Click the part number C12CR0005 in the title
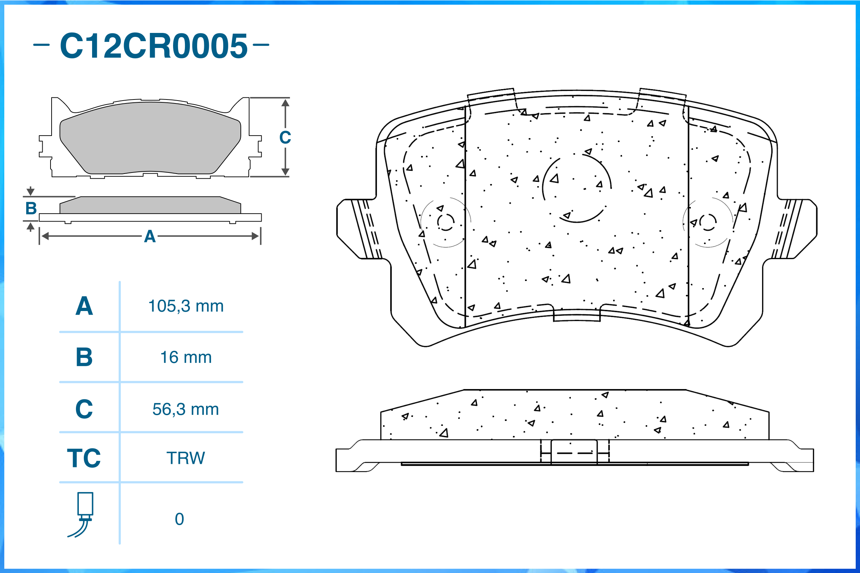(154, 46)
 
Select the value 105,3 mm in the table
(186, 306)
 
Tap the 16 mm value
(186, 358)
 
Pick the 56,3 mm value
(186, 409)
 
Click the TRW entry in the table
(186, 458)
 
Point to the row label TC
(84, 458)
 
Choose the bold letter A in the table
(84, 306)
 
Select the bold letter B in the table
(84, 358)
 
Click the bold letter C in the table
(84, 409)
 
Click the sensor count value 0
(179, 519)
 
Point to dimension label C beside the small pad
(285, 138)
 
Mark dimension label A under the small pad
(150, 237)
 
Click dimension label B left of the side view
(31, 209)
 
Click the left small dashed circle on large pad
(446, 222)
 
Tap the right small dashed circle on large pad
(708, 222)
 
